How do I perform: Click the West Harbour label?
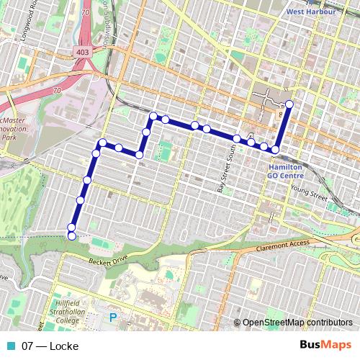click(311, 12)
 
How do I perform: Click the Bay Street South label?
click(222, 172)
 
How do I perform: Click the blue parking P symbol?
click(112, 317)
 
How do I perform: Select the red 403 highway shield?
click(83, 53)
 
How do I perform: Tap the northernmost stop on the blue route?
click(289, 104)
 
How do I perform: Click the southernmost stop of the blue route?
click(71, 235)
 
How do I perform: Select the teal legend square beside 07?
click(12, 346)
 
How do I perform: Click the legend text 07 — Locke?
click(50, 346)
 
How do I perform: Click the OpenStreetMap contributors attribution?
click(294, 323)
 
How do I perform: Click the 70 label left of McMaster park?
click(56, 91)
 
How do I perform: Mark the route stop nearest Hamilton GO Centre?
click(274, 150)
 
